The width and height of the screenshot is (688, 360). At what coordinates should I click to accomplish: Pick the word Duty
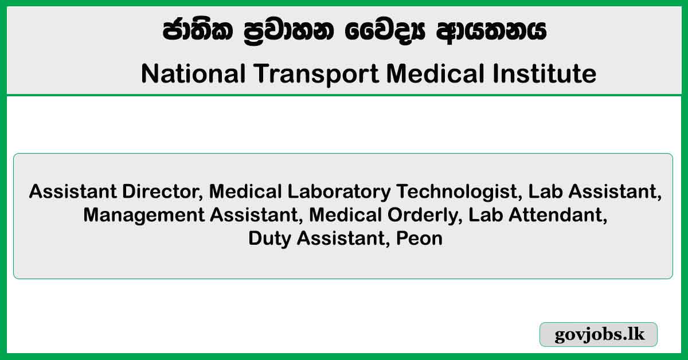(268, 238)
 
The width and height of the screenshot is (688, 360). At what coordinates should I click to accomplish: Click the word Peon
(420, 238)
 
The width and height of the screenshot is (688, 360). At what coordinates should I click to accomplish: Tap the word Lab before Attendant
(486, 215)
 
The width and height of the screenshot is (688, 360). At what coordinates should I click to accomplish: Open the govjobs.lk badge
(598, 335)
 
